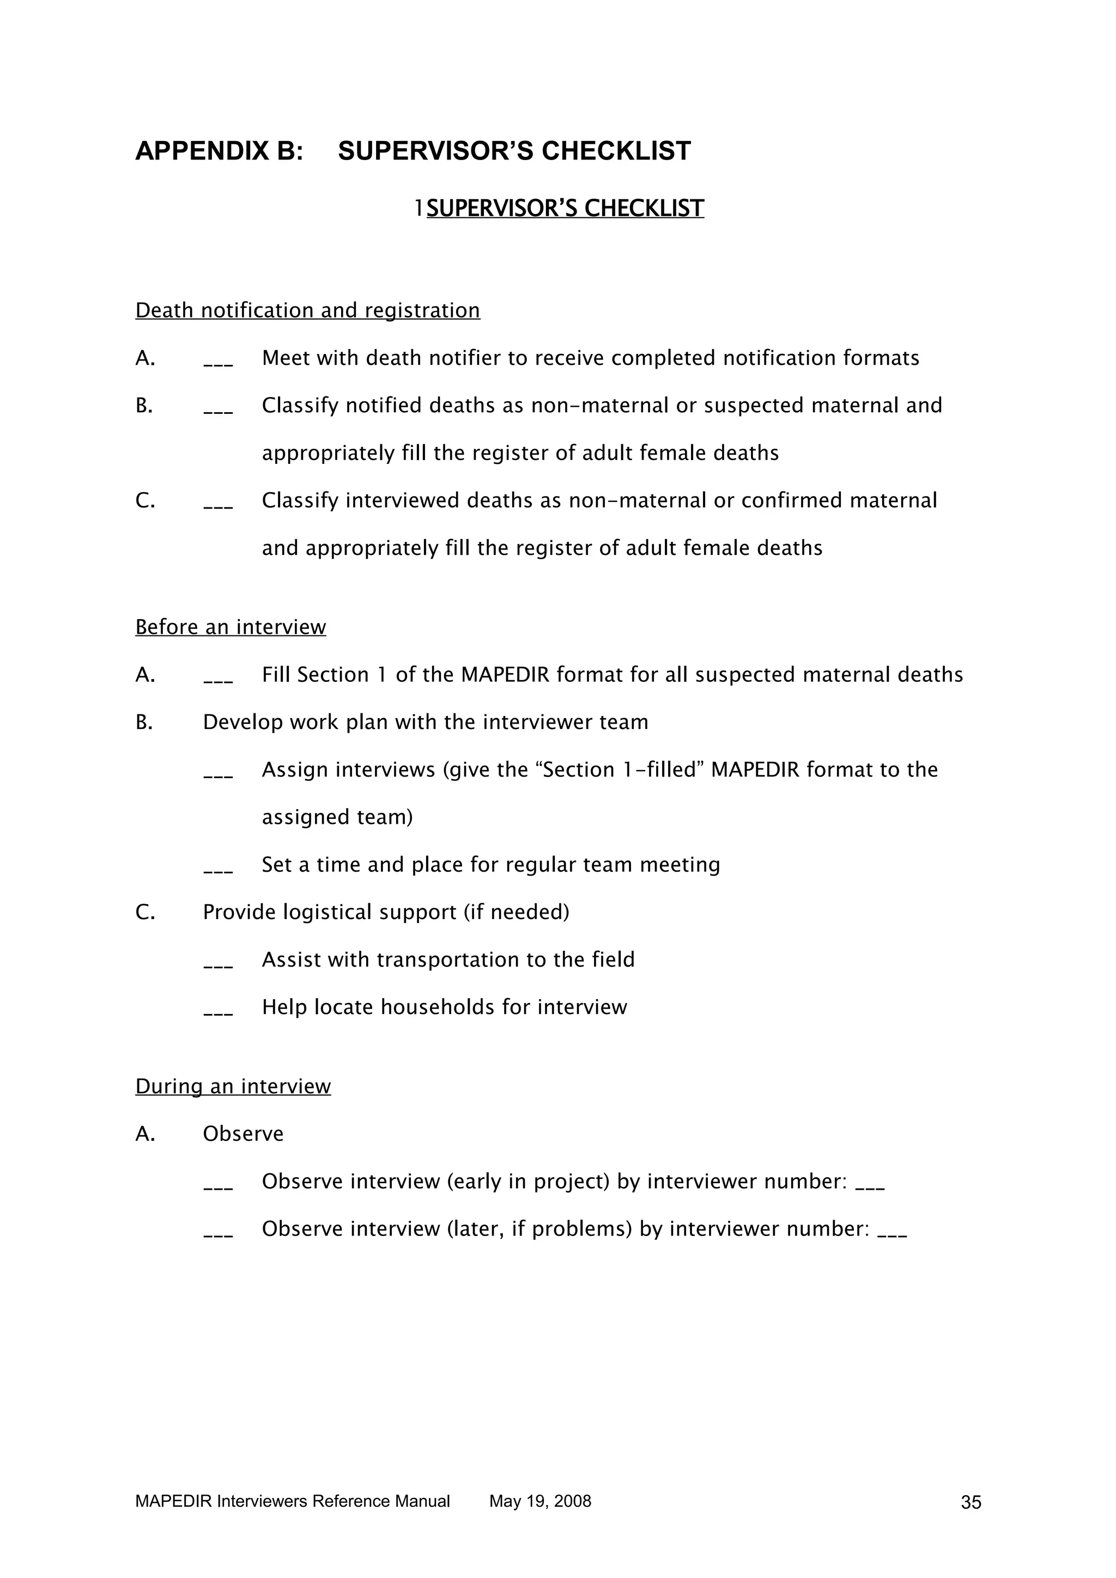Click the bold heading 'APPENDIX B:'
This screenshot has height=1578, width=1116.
[x=219, y=151]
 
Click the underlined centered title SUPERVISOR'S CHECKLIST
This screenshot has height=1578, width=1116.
[x=565, y=208]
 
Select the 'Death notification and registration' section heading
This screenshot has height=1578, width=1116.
[x=307, y=311]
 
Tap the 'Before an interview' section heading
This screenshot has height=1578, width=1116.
[x=231, y=627]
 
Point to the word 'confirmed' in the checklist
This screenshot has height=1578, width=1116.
[x=792, y=500]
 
